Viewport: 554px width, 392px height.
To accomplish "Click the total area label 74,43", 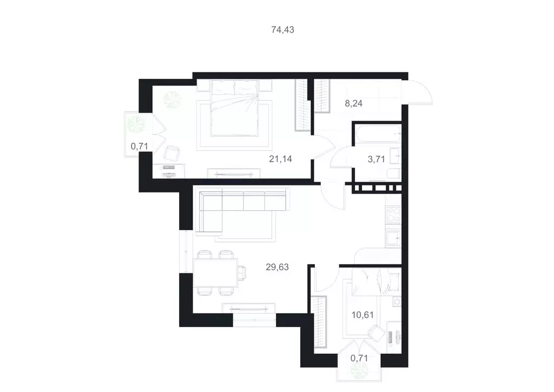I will point(282,30).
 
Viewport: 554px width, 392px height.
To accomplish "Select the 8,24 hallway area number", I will point(354,104).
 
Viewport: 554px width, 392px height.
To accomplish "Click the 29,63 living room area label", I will point(277,267).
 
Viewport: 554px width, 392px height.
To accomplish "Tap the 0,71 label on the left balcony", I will point(139,145).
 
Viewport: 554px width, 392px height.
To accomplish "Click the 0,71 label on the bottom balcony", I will point(360,357).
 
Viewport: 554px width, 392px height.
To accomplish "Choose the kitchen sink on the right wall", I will point(393,236).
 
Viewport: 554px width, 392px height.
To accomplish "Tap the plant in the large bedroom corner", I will point(174,98).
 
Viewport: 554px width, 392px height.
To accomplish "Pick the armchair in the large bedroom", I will point(173,153).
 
